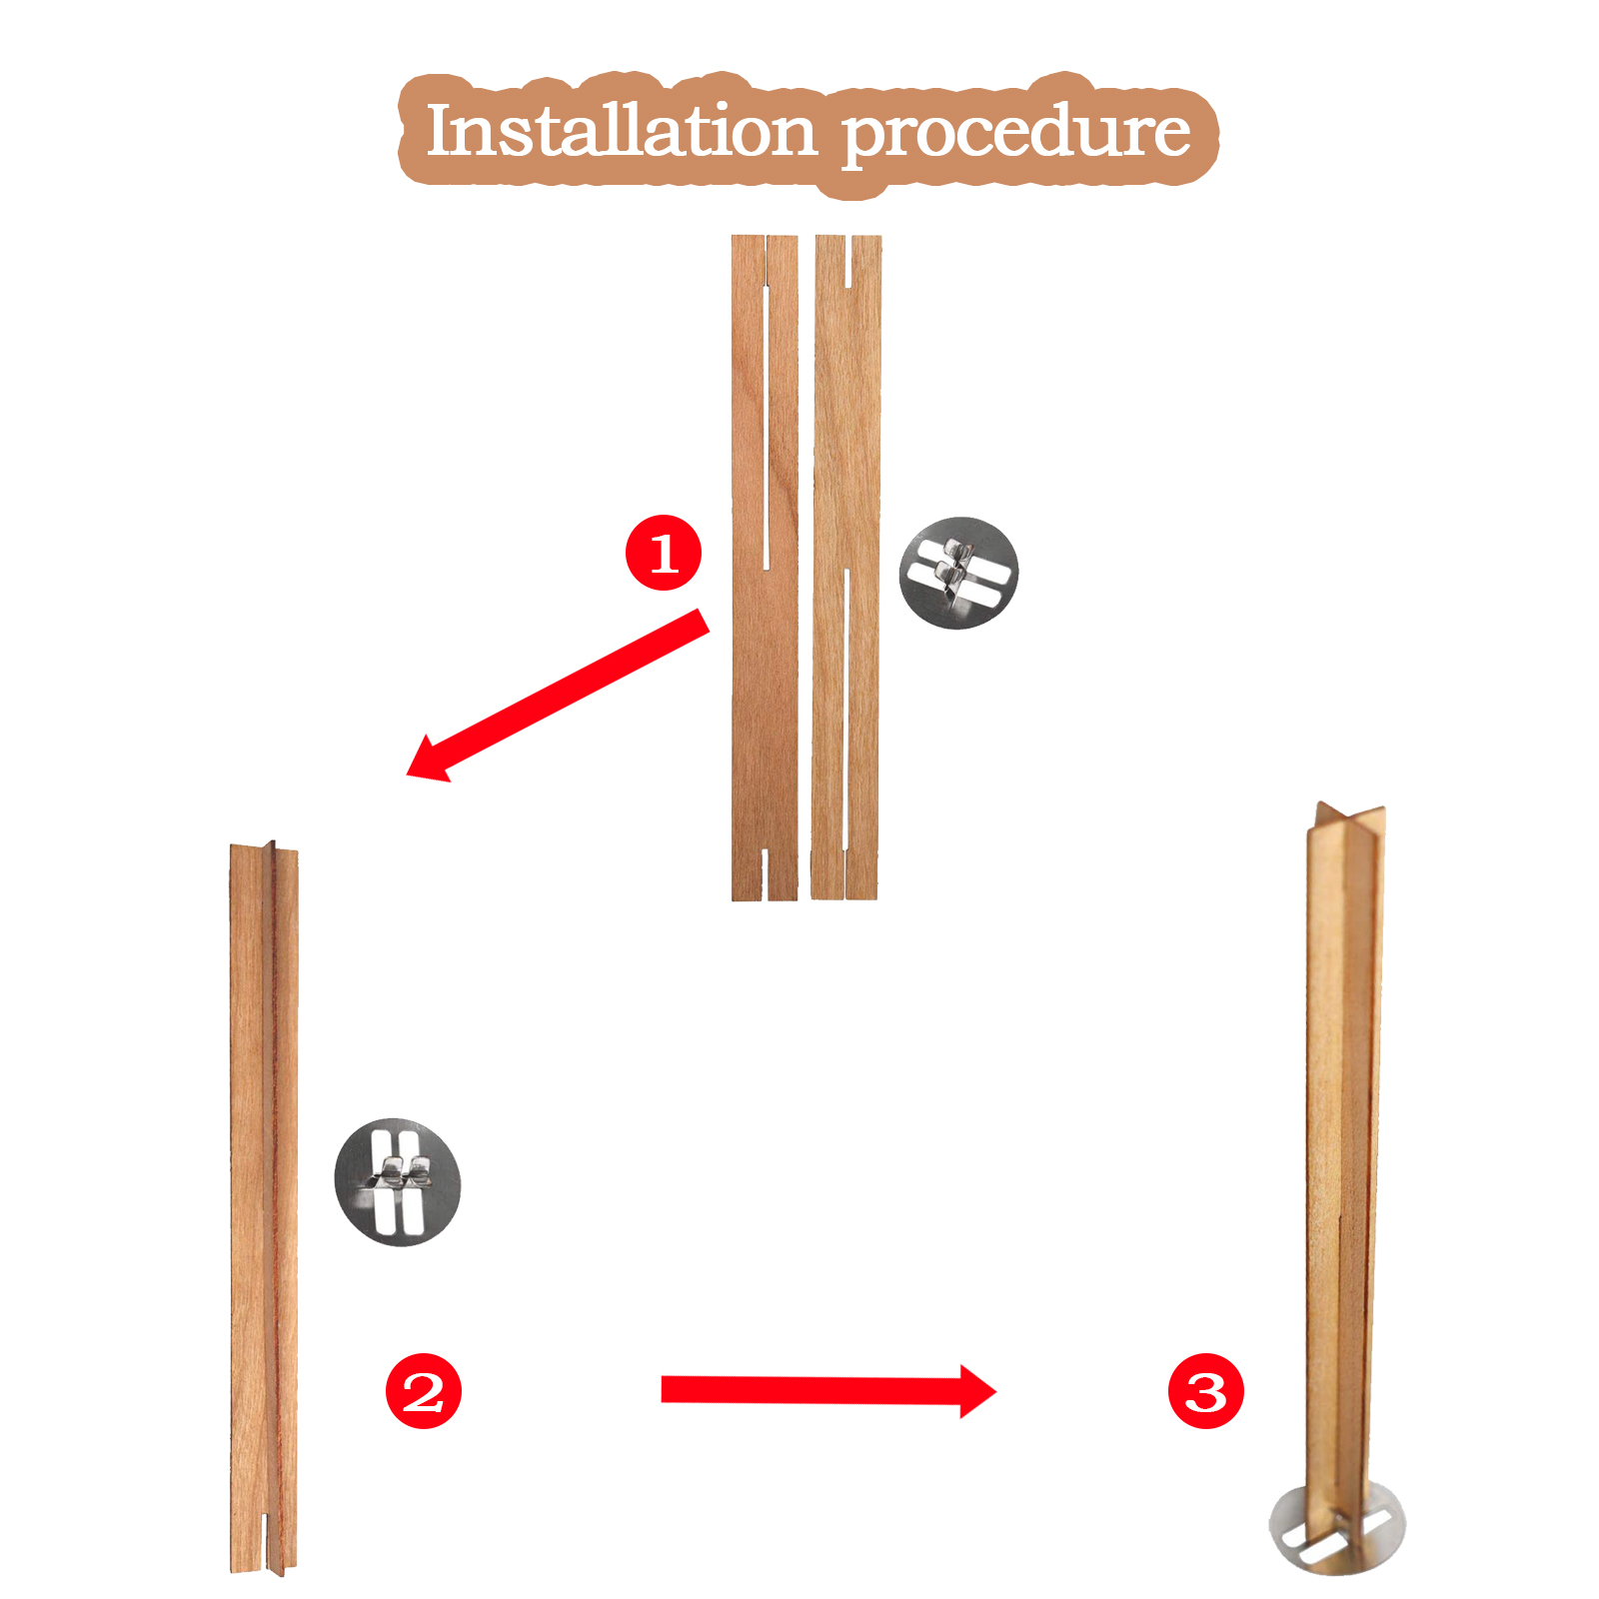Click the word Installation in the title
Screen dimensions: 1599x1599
(621, 131)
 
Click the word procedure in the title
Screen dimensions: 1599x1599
(1016, 135)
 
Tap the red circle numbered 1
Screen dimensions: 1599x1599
(664, 553)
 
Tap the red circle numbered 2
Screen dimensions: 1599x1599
(424, 1390)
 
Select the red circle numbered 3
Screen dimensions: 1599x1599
(1206, 1390)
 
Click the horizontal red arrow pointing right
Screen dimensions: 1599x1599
(828, 1390)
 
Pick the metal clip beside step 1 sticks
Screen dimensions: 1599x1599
(958, 573)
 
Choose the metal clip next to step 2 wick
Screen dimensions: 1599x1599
(398, 1181)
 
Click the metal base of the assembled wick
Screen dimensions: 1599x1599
(1337, 1527)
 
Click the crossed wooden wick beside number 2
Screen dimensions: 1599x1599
(264, 1208)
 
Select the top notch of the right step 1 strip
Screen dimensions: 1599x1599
(848, 261)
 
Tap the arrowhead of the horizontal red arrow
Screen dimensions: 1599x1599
(977, 1391)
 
